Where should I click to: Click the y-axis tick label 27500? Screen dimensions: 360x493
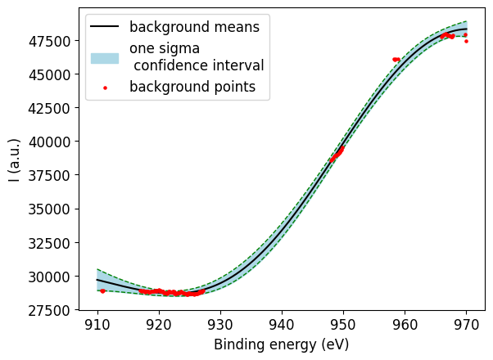57,310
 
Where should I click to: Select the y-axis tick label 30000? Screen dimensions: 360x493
57,277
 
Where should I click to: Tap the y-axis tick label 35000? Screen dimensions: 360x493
57,209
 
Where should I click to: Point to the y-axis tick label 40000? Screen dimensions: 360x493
57,142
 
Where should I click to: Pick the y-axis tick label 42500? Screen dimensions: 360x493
57,108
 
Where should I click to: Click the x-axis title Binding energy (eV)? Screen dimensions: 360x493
282,344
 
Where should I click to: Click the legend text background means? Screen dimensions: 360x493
194,27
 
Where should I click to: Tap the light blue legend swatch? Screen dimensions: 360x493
105,57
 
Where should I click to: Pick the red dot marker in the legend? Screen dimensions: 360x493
105,88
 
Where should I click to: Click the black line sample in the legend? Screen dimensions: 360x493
105,27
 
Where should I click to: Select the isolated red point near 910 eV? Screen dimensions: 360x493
102,290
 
